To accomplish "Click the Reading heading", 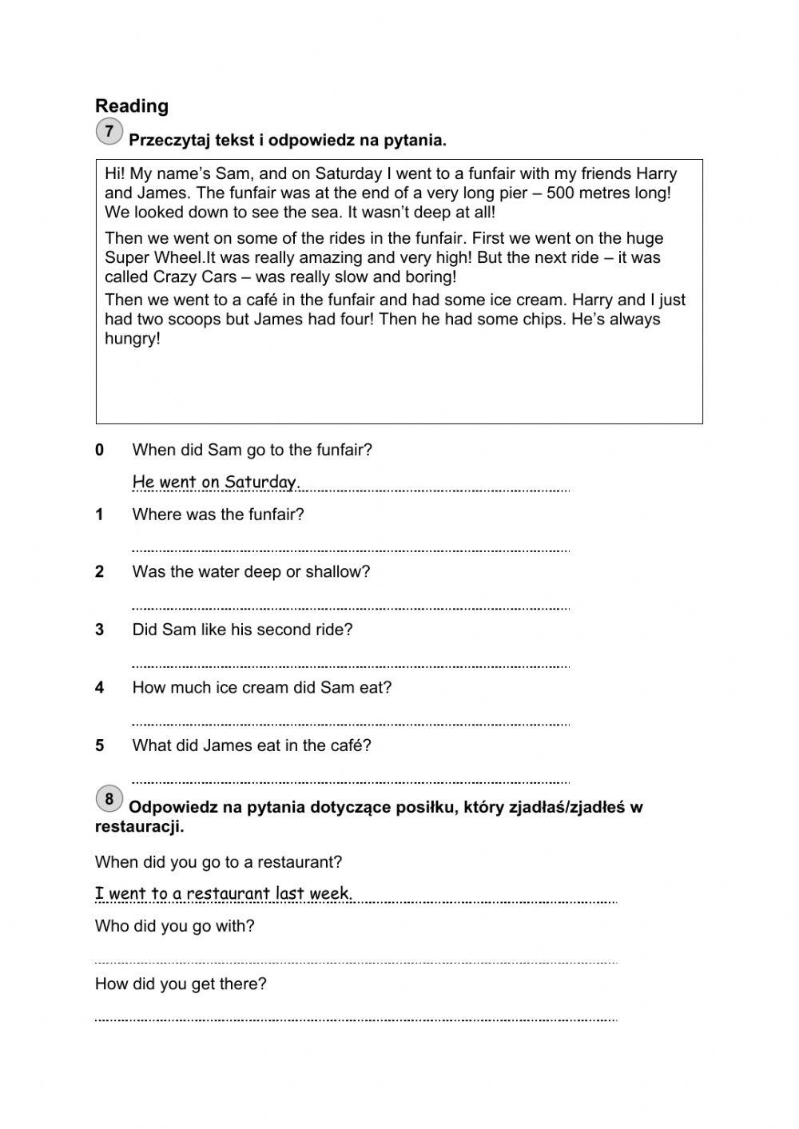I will click(132, 106).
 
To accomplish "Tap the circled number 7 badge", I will click(109, 131).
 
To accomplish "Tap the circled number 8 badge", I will click(109, 798).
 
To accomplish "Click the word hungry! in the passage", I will click(133, 339).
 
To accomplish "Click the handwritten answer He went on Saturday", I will click(216, 482).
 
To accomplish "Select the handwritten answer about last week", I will click(224, 893).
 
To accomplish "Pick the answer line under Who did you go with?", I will click(356, 960).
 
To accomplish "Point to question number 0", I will click(100, 451).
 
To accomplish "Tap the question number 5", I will click(100, 746).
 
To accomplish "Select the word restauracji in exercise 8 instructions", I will click(139, 827).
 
